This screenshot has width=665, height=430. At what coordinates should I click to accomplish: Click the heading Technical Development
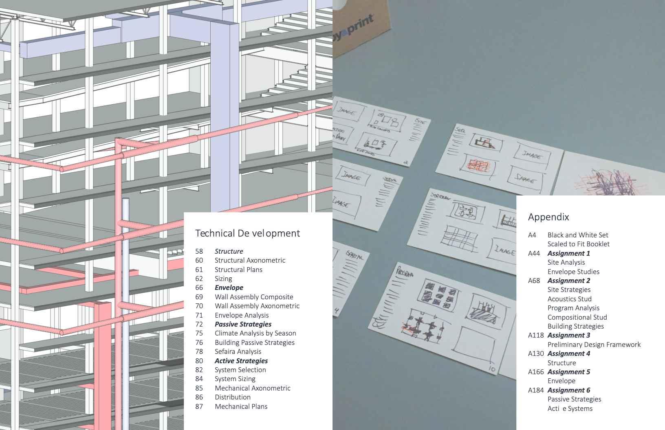[247, 233]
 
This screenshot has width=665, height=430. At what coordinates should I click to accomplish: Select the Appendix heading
[548, 217]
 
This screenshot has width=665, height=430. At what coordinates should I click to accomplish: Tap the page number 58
[199, 251]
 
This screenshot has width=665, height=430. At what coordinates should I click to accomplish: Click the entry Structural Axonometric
[250, 260]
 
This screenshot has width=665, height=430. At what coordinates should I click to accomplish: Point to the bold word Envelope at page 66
[229, 287]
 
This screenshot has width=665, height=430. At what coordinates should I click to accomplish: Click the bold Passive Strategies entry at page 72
[243, 324]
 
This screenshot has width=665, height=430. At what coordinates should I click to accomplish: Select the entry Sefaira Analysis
[238, 351]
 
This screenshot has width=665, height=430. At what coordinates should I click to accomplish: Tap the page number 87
[199, 406]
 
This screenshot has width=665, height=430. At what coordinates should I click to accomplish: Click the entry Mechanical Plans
[241, 406]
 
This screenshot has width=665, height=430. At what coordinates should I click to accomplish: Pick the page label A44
[534, 253]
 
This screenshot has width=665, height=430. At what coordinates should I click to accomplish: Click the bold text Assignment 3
[568, 335]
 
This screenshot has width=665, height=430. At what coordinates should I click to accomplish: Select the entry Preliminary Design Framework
[594, 344]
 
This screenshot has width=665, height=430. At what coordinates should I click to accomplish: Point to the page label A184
[536, 390]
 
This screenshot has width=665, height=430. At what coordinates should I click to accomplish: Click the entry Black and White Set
[577, 235]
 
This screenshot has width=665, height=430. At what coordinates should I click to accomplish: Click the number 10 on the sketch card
[492, 369]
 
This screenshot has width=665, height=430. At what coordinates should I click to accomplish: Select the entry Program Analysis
[573, 308]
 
